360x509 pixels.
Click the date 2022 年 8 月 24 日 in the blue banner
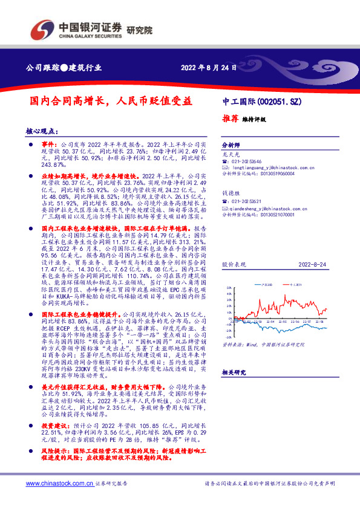[209, 67]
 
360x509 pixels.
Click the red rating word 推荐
[229, 118]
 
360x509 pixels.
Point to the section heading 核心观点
[42, 131]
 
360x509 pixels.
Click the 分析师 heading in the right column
[231, 146]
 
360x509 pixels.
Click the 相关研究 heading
[233, 373]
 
